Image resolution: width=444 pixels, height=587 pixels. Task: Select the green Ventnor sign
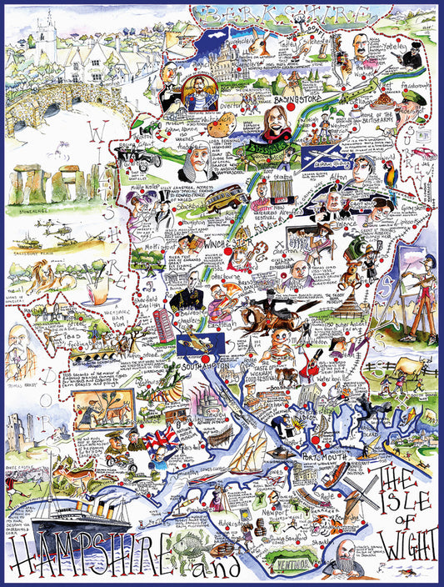pos(300,564)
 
